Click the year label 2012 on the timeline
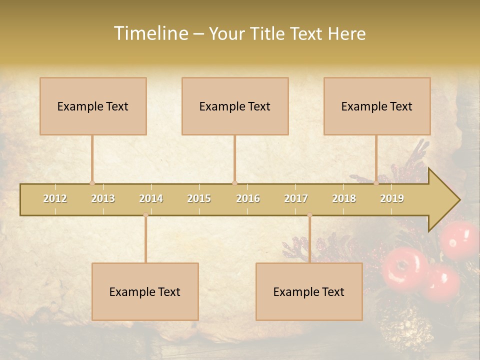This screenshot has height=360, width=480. [x=55, y=198]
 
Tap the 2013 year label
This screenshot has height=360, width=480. [x=103, y=198]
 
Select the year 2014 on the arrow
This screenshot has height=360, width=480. [x=151, y=198]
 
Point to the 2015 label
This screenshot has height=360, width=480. [x=199, y=198]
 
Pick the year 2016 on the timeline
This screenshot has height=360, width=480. [x=248, y=198]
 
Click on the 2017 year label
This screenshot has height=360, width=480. [x=296, y=198]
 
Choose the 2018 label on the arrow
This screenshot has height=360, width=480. [x=344, y=198]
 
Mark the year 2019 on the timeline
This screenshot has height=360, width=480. [x=392, y=198]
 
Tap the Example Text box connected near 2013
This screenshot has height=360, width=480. [x=93, y=106]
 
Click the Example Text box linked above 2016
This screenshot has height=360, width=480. [x=235, y=106]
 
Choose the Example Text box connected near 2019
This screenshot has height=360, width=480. [x=377, y=106]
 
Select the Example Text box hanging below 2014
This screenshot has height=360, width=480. [x=145, y=291]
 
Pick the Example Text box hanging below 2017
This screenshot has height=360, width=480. [x=309, y=291]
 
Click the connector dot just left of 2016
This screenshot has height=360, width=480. [x=234, y=183]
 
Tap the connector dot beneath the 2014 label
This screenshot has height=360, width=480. [x=145, y=215]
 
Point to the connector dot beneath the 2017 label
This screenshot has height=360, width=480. [x=309, y=215]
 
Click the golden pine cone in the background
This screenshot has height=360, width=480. [x=406, y=327]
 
